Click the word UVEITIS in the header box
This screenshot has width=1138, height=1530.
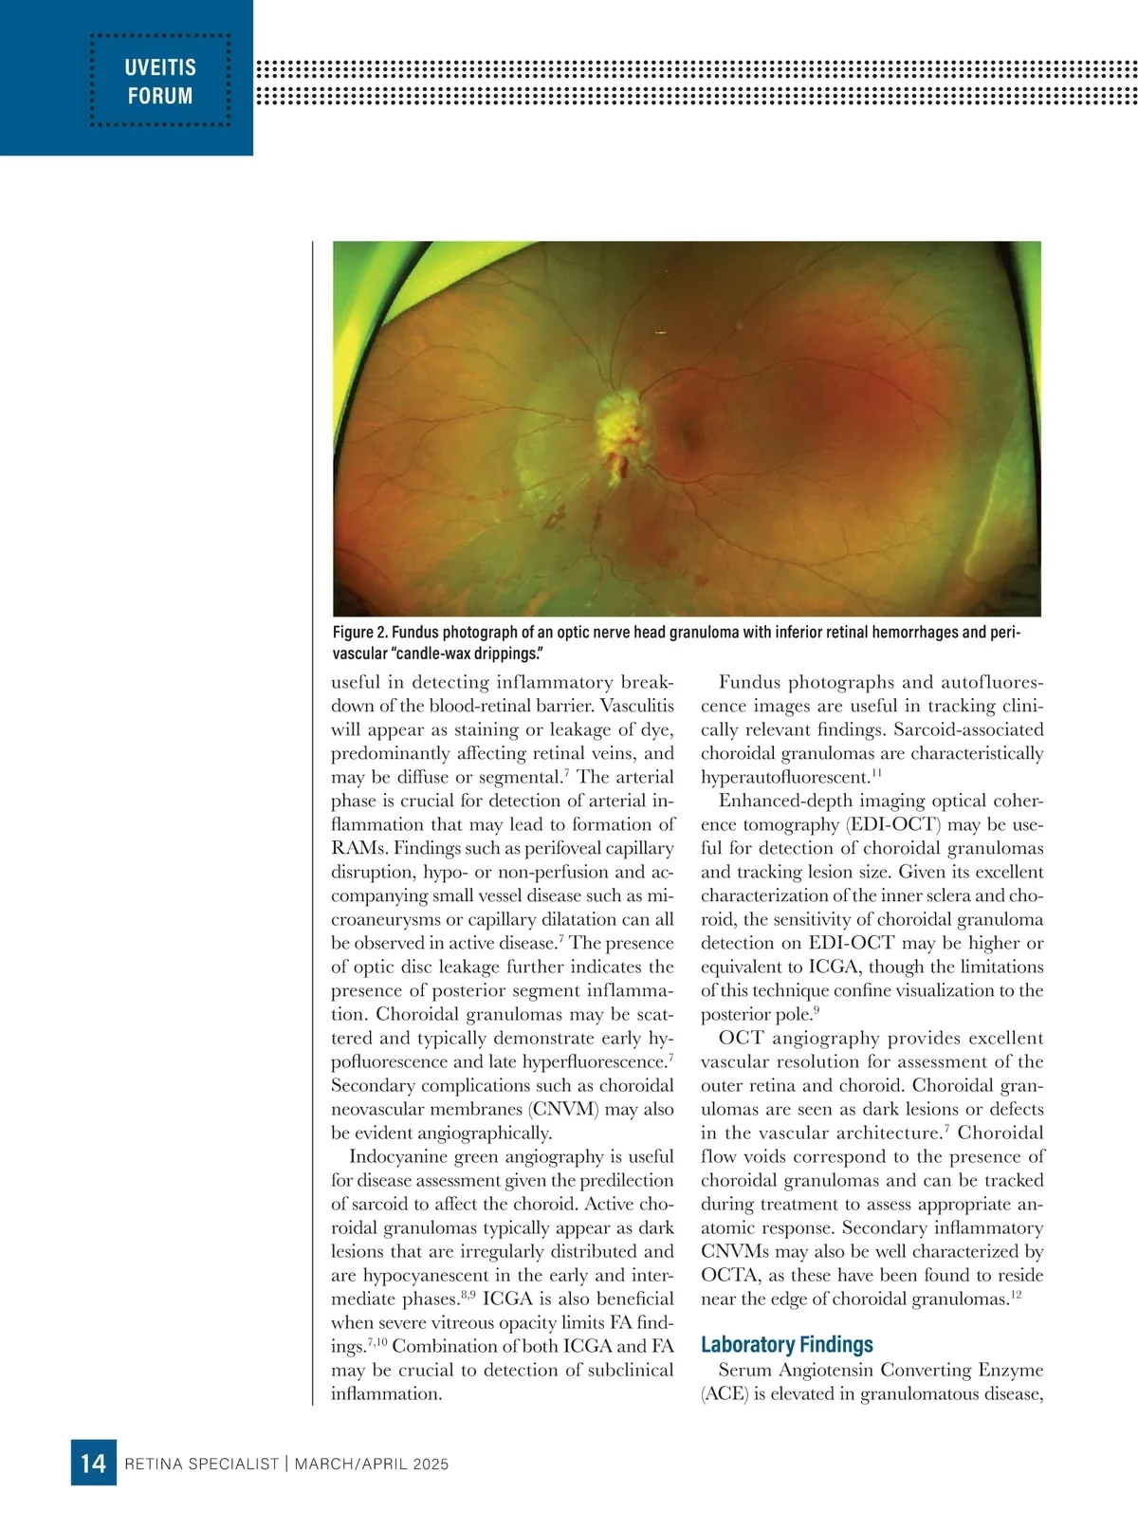160,66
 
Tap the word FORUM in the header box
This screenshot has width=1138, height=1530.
160,96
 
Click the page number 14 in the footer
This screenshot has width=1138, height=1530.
93,1464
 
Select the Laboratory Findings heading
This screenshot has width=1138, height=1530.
786,1344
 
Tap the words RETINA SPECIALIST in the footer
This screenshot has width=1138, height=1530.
202,1464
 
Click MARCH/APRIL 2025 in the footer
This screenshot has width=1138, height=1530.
372,1464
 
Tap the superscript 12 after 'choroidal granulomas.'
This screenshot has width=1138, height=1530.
1016,1295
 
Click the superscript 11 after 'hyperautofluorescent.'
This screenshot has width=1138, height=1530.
877,773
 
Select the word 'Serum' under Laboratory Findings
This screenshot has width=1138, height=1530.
744,1370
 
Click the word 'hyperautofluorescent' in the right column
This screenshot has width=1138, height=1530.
783,778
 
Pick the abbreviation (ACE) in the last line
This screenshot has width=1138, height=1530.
725,1393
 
